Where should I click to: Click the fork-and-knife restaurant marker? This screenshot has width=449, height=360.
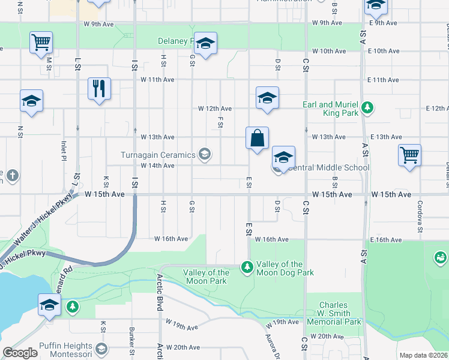(100, 89)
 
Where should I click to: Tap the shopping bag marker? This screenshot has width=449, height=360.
(257, 138)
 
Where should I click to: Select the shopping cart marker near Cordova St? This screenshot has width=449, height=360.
(410, 155)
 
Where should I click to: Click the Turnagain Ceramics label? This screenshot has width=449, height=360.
(158, 155)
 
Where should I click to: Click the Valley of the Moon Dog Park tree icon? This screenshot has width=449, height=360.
(247, 266)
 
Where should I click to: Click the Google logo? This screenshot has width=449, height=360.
(20, 353)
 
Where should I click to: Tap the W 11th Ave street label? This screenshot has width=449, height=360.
(157, 80)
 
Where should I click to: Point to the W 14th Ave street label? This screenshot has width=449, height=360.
(157, 166)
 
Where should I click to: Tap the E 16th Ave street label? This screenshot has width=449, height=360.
(386, 239)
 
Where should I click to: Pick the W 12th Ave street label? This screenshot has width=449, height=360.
(215, 109)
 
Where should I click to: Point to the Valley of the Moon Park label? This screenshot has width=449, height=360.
(205, 277)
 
